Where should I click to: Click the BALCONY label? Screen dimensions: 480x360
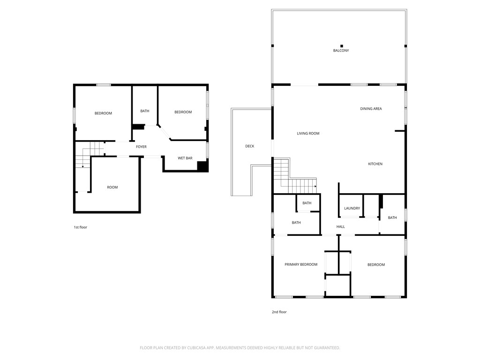click(x=341, y=51)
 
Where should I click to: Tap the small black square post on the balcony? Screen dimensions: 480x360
click(x=342, y=46)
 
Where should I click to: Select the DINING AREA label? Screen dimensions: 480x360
click(x=371, y=109)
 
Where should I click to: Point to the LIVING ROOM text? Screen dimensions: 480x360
click(x=308, y=134)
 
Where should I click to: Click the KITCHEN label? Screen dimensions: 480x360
click(x=375, y=164)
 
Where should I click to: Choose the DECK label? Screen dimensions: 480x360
click(x=249, y=146)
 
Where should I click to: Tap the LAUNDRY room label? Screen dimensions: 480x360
click(x=352, y=209)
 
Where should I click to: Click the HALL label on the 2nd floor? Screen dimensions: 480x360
click(x=340, y=227)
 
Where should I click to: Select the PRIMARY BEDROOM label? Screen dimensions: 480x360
click(x=301, y=264)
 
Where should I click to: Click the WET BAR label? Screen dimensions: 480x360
click(x=185, y=158)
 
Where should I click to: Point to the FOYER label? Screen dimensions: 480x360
click(x=141, y=147)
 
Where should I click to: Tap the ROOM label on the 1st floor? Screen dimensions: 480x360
click(x=112, y=187)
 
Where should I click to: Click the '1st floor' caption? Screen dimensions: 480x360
click(x=80, y=227)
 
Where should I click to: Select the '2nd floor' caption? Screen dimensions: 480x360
click(x=279, y=312)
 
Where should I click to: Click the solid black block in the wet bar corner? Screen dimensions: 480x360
click(x=202, y=166)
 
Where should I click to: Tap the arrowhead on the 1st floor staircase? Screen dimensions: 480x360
click(x=82, y=166)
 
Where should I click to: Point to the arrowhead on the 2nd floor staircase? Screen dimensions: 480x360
click(x=315, y=186)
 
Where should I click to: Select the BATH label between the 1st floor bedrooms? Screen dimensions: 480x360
click(x=145, y=111)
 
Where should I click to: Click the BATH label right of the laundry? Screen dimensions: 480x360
click(x=392, y=217)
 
